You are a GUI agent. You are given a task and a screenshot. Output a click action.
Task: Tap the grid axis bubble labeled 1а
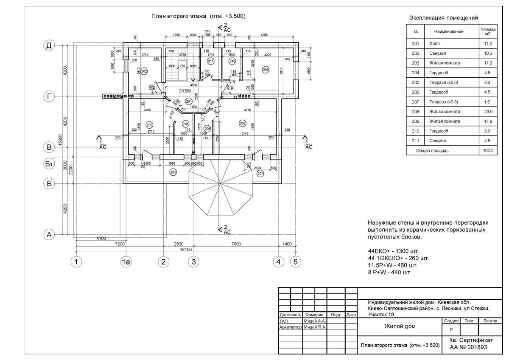(x=126, y=262)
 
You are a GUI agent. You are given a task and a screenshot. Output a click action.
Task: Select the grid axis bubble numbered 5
(x=296, y=262)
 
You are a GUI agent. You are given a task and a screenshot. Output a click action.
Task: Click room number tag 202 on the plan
(x=144, y=71)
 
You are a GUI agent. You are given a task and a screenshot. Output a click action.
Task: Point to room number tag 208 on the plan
(x=243, y=124)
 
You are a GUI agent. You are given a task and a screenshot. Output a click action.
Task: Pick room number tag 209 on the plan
(x=266, y=69)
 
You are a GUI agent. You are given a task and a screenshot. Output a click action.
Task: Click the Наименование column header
(x=449, y=31)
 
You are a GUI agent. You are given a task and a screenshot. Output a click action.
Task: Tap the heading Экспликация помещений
(x=443, y=18)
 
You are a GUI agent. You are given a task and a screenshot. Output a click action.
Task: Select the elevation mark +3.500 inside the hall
(x=185, y=91)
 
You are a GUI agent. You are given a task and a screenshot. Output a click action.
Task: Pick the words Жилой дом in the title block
(x=400, y=326)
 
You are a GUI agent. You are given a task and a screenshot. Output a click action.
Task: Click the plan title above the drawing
(x=199, y=16)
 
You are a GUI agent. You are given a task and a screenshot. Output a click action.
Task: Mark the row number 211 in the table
(x=416, y=141)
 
